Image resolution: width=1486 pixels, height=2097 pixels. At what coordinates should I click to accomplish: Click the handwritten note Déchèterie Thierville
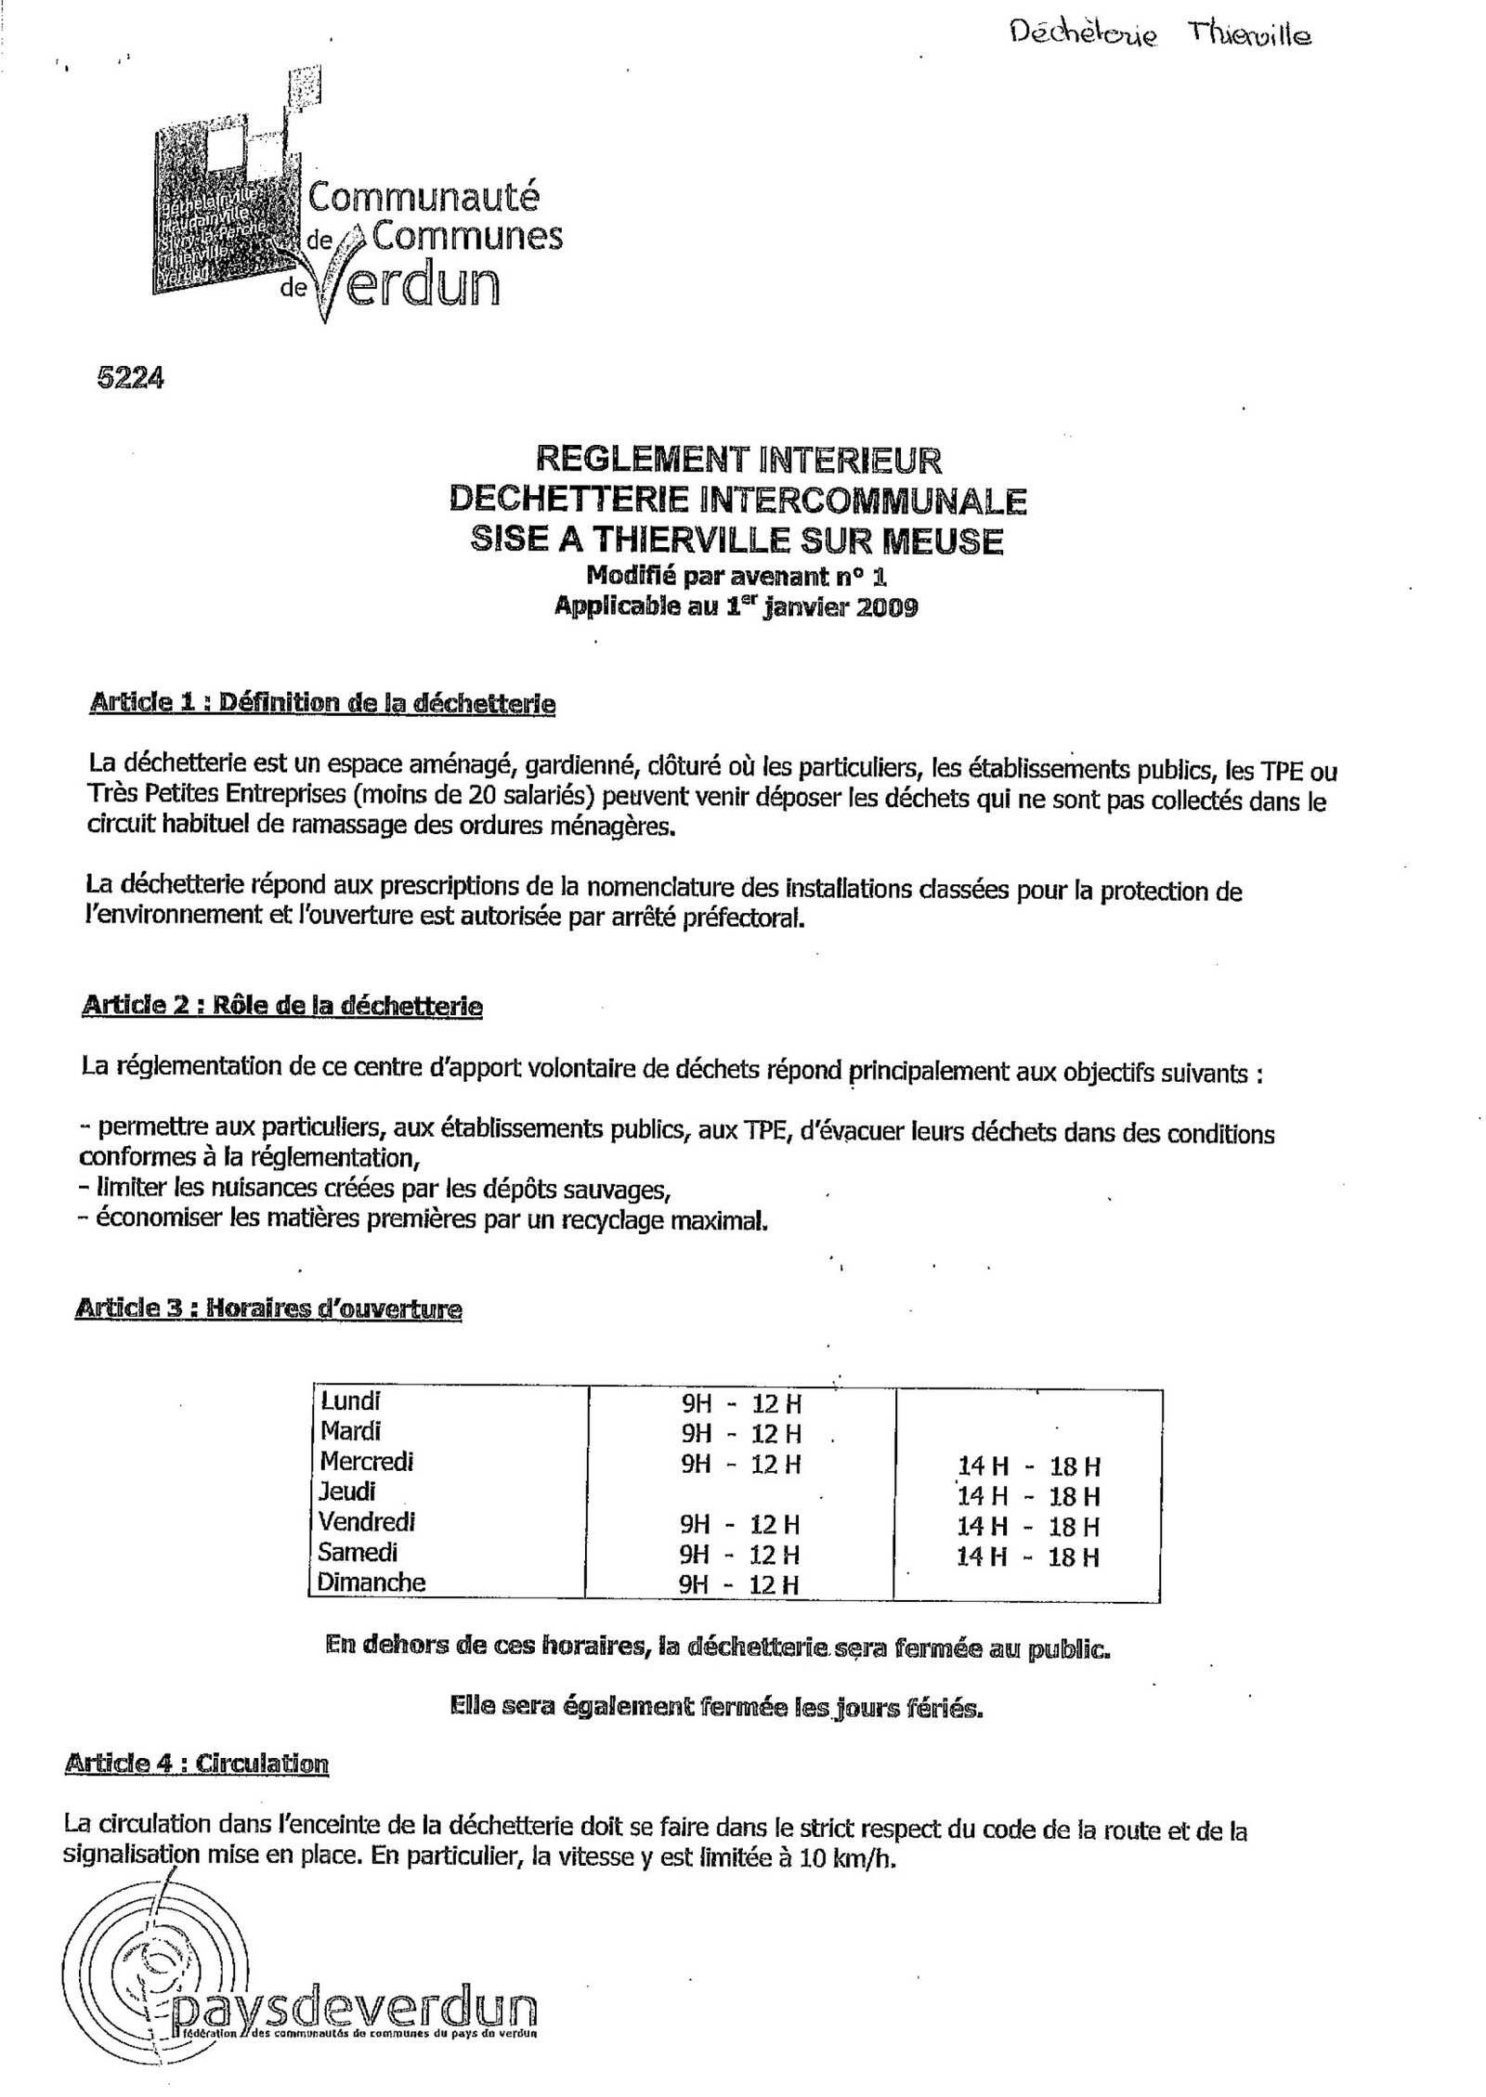coord(1158,35)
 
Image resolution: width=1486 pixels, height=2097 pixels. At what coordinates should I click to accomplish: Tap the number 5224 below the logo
coord(130,378)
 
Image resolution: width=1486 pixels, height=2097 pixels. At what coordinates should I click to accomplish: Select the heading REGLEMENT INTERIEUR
coord(738,459)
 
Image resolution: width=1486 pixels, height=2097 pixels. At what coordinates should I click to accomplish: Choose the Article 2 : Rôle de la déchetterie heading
coord(282,1005)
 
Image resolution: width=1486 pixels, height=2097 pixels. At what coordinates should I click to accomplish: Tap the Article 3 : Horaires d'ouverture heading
coord(267,1309)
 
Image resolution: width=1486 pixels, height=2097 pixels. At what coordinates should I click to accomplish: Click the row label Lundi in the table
coord(350,1400)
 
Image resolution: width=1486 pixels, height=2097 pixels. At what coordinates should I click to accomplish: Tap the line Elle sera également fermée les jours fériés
coord(715,1707)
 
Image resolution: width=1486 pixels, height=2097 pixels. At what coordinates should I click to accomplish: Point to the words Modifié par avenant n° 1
coord(738,577)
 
